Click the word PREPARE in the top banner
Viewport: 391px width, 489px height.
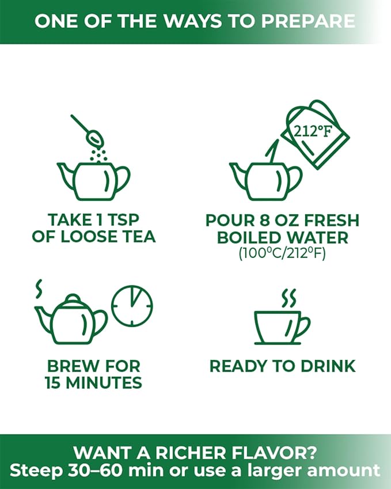pos(308,21)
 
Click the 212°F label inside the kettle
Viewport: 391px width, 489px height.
pos(313,131)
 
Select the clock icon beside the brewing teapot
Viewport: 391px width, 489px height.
pos(132,306)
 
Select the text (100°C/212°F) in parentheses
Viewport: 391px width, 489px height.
pos(282,253)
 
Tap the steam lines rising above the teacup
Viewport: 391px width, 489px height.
pos(288,298)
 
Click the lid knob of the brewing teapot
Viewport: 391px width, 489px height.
pos(73,298)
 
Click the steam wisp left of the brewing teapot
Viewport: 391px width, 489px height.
pos(39,289)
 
